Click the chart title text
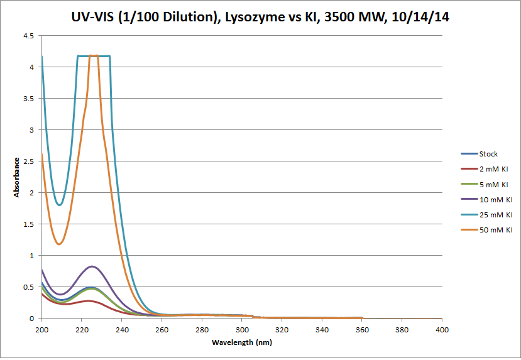pos(260,17)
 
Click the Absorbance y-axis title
pos(17,177)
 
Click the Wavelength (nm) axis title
pos(242,342)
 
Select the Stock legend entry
pos(488,154)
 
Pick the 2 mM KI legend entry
pos(493,169)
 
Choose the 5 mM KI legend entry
pos(493,185)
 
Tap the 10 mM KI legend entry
pos(495,200)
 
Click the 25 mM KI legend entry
pos(495,215)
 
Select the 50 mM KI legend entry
pos(495,230)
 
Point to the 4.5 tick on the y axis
pos(29,36)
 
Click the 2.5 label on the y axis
pos(29,161)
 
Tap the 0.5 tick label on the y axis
pos(29,287)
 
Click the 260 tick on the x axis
pos(162,329)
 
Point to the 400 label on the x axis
pos(442,329)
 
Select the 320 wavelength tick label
pos(282,329)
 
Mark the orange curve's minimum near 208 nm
pos(59,244)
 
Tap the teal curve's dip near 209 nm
pos(60,205)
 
